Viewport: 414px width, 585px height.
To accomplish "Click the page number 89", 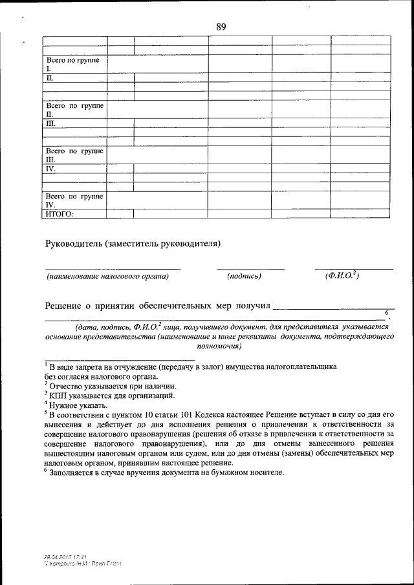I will coord(221,27).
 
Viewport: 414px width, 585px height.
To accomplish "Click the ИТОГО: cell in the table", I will coord(60,214).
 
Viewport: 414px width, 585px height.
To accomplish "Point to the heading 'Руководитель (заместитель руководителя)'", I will coord(133,244).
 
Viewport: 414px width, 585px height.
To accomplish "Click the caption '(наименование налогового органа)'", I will coord(107,277).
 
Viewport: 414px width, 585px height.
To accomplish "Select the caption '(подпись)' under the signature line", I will coord(244,277).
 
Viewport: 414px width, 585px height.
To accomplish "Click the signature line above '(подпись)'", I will coord(250,268).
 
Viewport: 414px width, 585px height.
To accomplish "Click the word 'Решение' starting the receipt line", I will coord(65,305).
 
